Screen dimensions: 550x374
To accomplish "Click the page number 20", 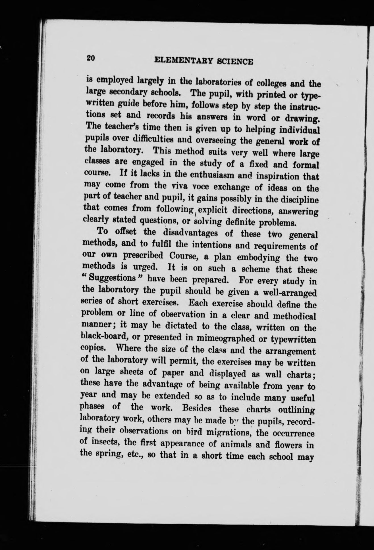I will pos(91,58).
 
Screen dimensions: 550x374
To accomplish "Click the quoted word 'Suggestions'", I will pos(111,277).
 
